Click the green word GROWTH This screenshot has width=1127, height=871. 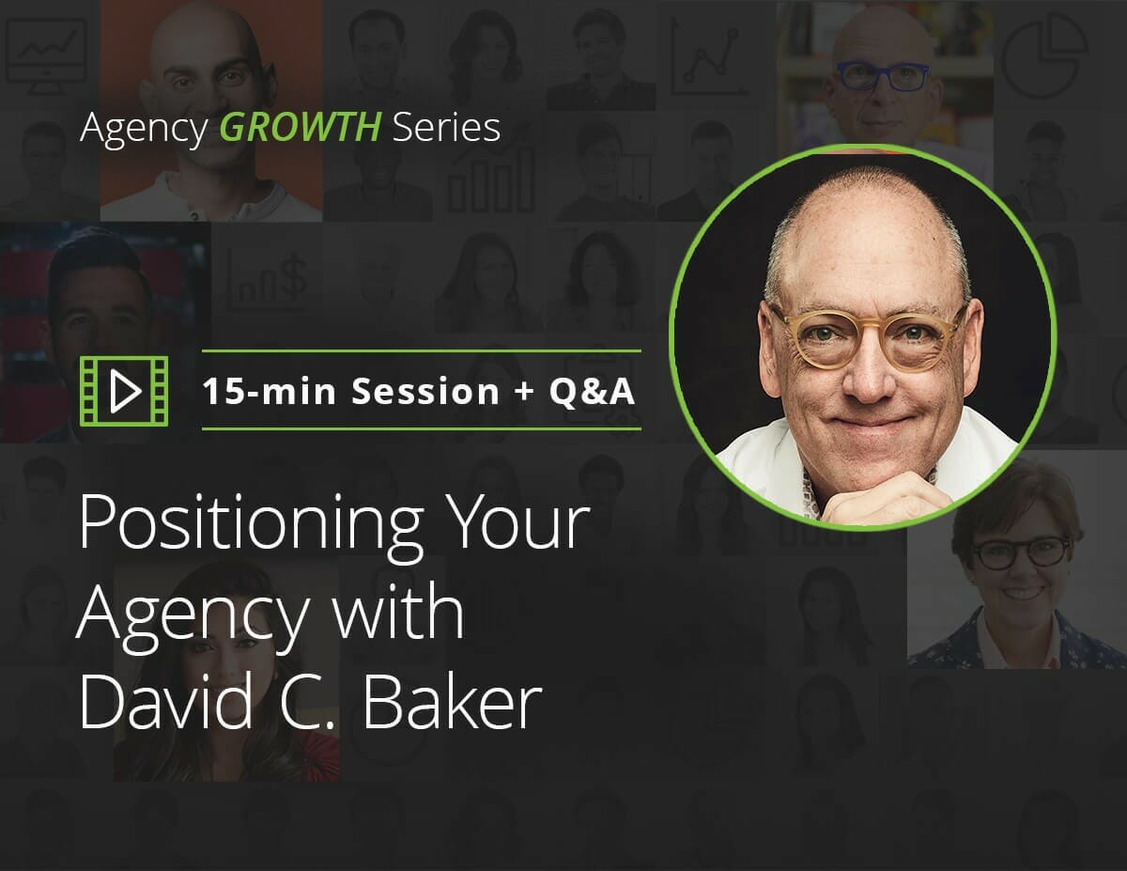point(301,127)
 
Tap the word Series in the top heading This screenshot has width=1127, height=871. point(446,127)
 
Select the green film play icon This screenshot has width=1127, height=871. point(124,391)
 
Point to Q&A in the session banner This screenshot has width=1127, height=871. point(593,392)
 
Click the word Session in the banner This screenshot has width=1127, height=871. point(425,391)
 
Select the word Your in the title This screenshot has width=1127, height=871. point(518,521)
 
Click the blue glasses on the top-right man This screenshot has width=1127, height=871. point(883,77)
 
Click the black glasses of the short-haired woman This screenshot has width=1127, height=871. point(1021,552)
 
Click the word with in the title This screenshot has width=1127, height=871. point(398,611)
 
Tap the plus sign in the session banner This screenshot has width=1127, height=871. point(524,390)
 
